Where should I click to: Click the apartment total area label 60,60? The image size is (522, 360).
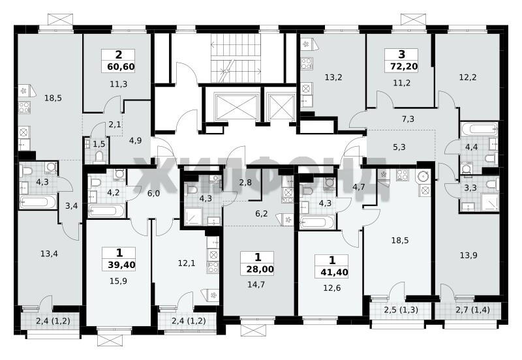pyautogui.click(x=121, y=67)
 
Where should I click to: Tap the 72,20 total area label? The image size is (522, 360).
pyautogui.click(x=404, y=67)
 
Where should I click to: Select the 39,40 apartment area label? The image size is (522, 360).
pyautogui.click(x=121, y=265)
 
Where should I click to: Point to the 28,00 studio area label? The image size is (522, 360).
pyautogui.click(x=260, y=269)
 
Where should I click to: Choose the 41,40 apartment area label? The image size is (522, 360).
pyautogui.click(x=334, y=273)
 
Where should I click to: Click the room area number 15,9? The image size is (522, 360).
pyautogui.click(x=118, y=282)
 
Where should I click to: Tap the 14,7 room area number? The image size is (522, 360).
pyautogui.click(x=256, y=284)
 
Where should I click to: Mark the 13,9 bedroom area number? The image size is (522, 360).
pyautogui.click(x=468, y=256)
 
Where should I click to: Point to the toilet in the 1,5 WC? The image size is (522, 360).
pyautogui.click(x=99, y=157)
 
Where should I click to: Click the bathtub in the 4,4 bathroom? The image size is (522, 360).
pyautogui.click(x=480, y=128)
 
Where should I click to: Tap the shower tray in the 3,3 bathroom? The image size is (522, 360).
pyautogui.click(x=489, y=202)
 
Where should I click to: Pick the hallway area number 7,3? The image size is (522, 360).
pyautogui.click(x=408, y=119)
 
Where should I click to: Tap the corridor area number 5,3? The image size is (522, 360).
pyautogui.click(x=399, y=147)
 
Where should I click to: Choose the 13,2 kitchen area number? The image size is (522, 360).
pyautogui.click(x=333, y=78)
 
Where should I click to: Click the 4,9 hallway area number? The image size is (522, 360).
pyautogui.click(x=136, y=141)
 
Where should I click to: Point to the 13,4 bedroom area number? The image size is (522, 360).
pyautogui.click(x=50, y=254)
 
